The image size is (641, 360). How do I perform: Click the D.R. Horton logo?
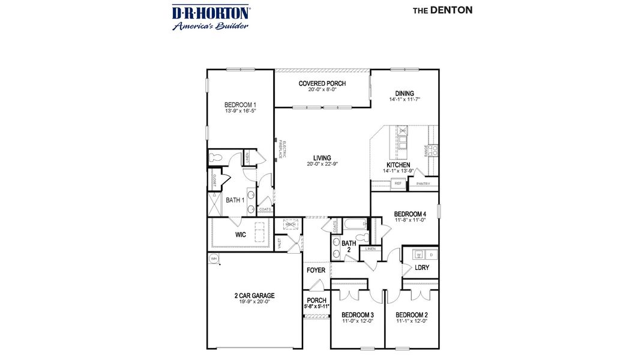211,17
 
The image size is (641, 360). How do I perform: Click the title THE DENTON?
442,10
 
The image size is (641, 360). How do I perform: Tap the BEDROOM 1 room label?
231,104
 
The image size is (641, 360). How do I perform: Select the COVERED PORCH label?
322,83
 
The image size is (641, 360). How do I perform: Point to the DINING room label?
404,93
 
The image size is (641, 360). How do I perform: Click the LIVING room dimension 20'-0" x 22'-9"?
322,164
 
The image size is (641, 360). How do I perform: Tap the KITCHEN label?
398,165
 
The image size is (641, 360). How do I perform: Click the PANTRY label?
423,184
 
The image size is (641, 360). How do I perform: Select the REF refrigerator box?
398,184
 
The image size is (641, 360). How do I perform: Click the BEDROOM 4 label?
410,214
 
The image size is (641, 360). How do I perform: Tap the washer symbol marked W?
419,255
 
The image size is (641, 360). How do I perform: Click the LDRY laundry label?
422,268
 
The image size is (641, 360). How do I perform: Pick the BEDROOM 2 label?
411,314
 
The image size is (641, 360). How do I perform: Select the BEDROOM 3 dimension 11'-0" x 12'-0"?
358,321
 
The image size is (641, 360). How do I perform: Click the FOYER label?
316,270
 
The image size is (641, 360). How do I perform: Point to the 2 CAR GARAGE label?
254,295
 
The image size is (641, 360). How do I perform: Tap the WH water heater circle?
213,259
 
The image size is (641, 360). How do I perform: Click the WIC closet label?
240,235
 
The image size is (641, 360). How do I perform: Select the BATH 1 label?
235,200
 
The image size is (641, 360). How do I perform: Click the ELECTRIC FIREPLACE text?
283,150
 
